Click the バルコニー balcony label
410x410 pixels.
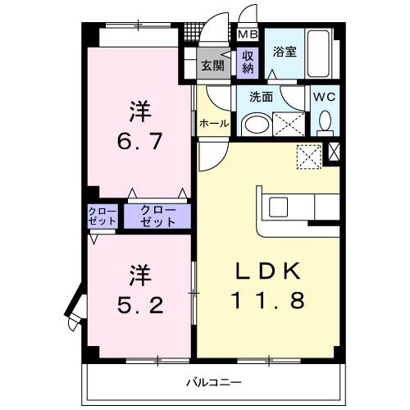[x=212, y=382]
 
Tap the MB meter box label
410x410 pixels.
[x=247, y=34]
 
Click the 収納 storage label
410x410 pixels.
[x=247, y=62]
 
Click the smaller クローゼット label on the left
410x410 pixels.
[x=102, y=216]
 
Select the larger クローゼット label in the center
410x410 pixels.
[x=157, y=216]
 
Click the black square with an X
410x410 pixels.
[x=334, y=152]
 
